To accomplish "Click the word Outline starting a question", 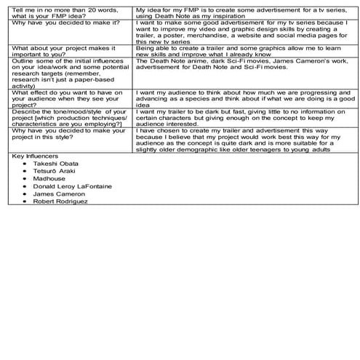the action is click(x=23, y=63).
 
